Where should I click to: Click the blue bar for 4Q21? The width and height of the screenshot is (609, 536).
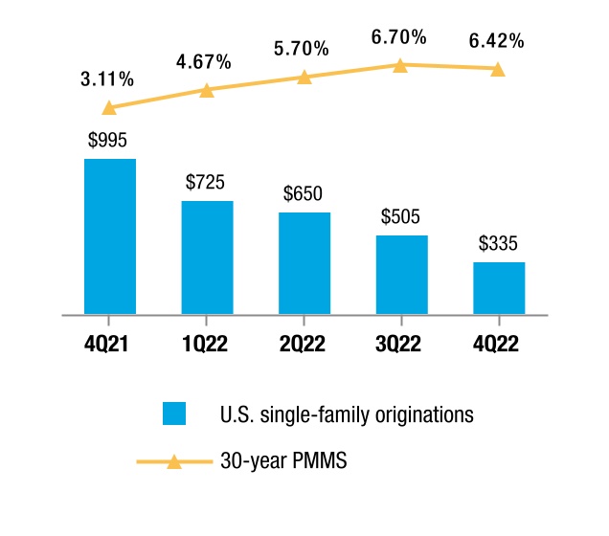pyautogui.click(x=110, y=236)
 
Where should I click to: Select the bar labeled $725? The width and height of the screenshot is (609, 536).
pyautogui.click(x=208, y=257)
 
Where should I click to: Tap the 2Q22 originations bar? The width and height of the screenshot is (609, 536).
pyautogui.click(x=304, y=263)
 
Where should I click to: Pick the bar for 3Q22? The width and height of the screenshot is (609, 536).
pyautogui.click(x=402, y=275)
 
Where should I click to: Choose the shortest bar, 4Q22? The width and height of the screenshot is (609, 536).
pyautogui.click(x=499, y=288)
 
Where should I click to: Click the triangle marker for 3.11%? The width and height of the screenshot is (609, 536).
pyautogui.click(x=109, y=108)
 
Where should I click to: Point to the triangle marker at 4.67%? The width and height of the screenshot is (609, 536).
pyautogui.click(x=207, y=91)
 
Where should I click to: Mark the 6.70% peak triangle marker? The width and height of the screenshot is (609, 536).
pyautogui.click(x=400, y=66)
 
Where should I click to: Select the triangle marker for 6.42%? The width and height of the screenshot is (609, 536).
pyautogui.click(x=498, y=70)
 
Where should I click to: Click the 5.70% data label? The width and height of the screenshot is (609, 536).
pyautogui.click(x=302, y=49)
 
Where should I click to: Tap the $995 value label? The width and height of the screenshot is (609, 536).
pyautogui.click(x=107, y=140)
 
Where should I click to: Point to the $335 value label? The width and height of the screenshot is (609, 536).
pyautogui.click(x=498, y=243)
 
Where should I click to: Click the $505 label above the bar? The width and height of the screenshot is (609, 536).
pyautogui.click(x=400, y=216)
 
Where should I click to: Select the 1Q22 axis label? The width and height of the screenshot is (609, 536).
pyautogui.click(x=205, y=344)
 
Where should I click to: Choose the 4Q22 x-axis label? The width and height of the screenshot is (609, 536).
pyautogui.click(x=496, y=344)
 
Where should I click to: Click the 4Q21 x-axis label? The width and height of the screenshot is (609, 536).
pyautogui.click(x=106, y=344)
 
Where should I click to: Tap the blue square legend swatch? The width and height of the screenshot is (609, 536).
pyautogui.click(x=174, y=413)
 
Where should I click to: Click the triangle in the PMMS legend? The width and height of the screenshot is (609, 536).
pyautogui.click(x=174, y=462)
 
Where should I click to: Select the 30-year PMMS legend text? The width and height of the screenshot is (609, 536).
pyautogui.click(x=283, y=460)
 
